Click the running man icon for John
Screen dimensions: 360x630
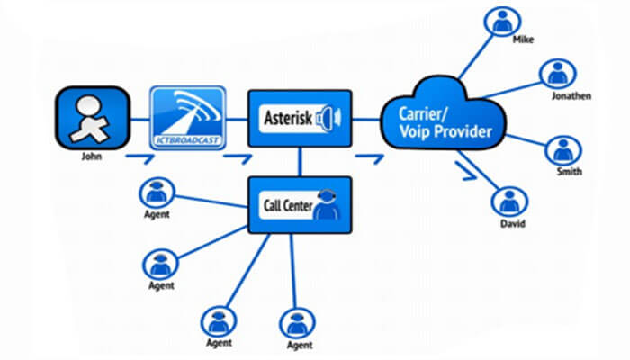91,117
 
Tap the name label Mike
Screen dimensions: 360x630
523,41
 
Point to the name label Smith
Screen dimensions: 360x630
569,171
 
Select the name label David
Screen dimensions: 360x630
514,223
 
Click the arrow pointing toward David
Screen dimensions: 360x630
466,170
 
